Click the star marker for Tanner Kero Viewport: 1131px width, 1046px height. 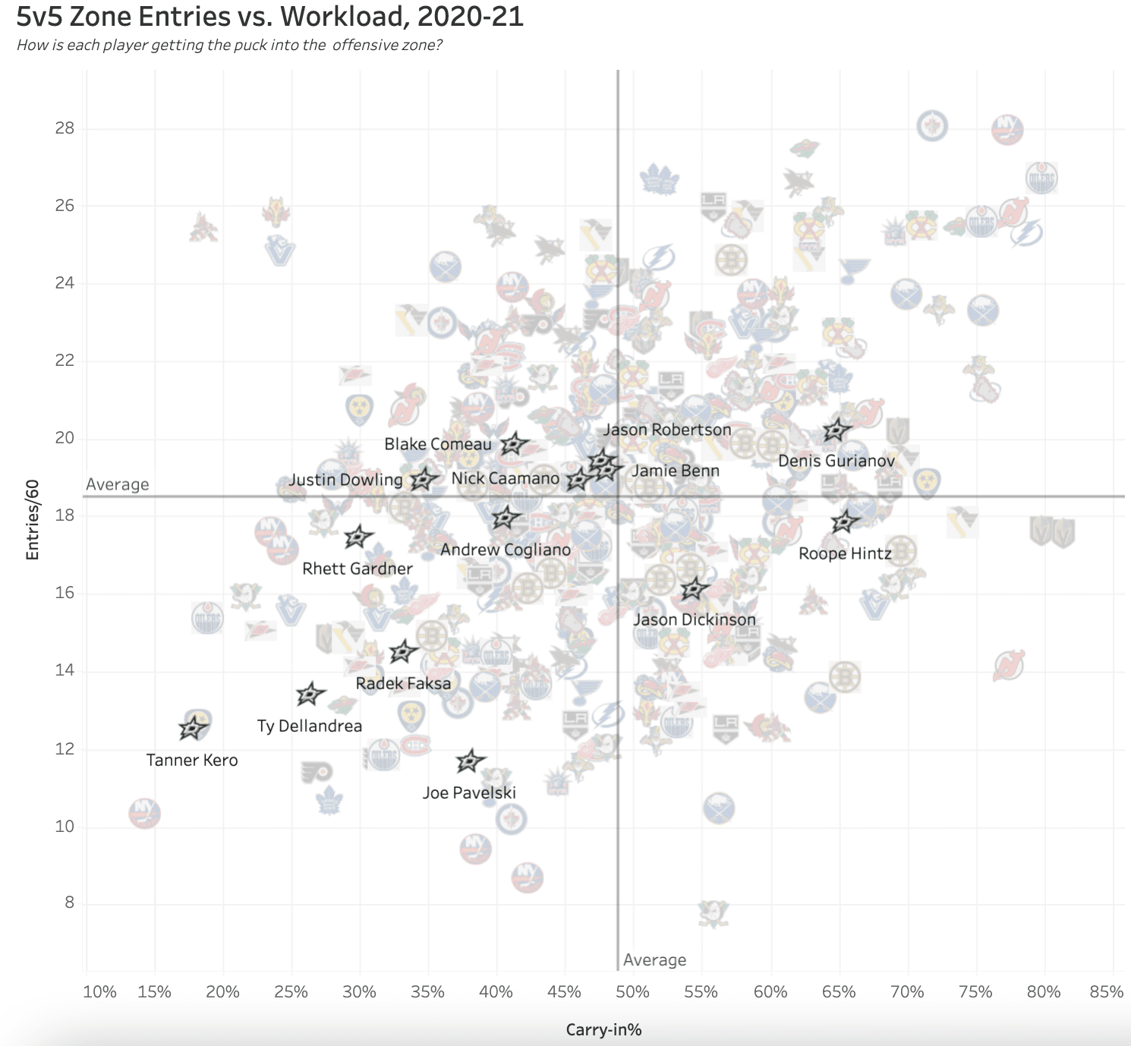(x=193, y=728)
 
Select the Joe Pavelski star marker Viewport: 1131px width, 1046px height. (x=471, y=761)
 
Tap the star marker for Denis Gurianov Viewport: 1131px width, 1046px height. (x=836, y=430)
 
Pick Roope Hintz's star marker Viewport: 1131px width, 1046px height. (x=844, y=521)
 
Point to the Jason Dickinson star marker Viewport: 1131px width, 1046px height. (x=694, y=588)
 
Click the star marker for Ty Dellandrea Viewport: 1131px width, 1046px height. (x=310, y=694)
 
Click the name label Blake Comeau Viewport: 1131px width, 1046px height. (x=438, y=444)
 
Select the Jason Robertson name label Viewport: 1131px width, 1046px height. (x=667, y=430)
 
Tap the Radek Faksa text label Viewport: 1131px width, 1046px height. (x=403, y=683)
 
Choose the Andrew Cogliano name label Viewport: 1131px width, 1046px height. (x=506, y=550)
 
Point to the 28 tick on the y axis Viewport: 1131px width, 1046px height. (x=65, y=128)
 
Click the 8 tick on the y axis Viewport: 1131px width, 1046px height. (x=69, y=903)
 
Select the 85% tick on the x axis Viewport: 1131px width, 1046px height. (x=1106, y=992)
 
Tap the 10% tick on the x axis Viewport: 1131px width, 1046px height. (x=99, y=992)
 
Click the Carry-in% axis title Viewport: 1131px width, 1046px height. (x=603, y=1030)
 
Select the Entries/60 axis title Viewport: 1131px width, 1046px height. (x=32, y=520)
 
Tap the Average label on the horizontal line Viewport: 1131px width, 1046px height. (x=118, y=484)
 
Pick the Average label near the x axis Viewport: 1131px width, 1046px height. (x=654, y=960)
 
